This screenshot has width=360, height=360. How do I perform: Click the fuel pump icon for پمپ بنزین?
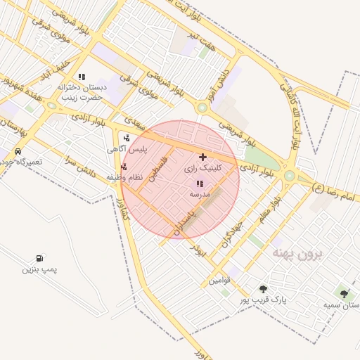(x=39, y=259)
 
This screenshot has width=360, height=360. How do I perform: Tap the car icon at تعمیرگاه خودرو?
(x=18, y=151)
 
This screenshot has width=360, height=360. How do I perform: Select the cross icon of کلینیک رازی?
(x=203, y=157)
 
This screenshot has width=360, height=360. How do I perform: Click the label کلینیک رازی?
(x=202, y=169)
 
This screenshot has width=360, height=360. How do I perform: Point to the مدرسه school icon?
(x=200, y=184)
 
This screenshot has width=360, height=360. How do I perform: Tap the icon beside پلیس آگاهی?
(x=126, y=139)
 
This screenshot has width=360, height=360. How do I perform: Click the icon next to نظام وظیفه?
(x=124, y=167)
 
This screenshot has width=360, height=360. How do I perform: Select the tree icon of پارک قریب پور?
(x=263, y=289)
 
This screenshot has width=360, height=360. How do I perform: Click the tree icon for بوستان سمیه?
(x=344, y=294)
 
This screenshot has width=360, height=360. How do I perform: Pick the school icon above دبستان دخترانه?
(x=82, y=77)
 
